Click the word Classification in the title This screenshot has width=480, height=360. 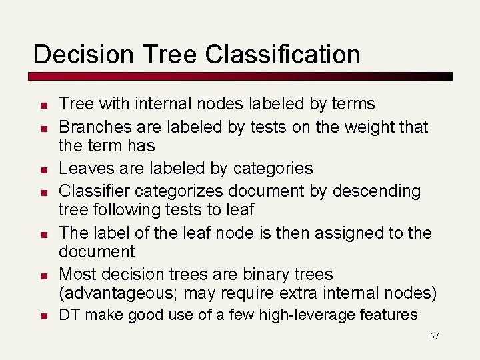pos(283,54)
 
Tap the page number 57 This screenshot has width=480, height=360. pos(434,336)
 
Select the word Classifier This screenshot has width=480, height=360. pos(94,191)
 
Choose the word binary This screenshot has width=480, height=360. pos(264,274)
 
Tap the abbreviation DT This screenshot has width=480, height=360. pos(69,315)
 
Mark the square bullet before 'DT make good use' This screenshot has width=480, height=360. pos(41,316)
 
